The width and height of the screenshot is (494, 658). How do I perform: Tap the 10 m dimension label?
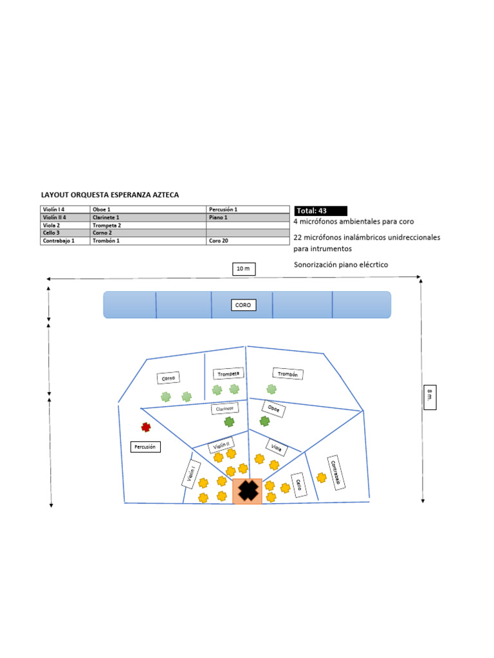point(243,269)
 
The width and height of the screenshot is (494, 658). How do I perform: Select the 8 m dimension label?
point(430,398)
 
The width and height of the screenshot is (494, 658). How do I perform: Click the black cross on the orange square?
point(247,491)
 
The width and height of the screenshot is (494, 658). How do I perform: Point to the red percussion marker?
point(146,427)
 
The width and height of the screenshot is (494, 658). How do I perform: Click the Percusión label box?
point(145,447)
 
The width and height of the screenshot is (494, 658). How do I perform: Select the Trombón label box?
point(288,373)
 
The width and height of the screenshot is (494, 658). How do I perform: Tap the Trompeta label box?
point(228,373)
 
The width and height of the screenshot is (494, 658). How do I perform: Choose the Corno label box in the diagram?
point(169,378)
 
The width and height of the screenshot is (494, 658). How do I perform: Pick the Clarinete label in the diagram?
point(224,408)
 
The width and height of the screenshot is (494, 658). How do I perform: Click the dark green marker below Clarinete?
point(229,422)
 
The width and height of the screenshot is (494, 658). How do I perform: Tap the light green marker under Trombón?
point(271,389)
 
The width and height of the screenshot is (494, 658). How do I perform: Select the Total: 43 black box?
point(320,211)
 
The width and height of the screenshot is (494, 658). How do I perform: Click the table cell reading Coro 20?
point(248,241)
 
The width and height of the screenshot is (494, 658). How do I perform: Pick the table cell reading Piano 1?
point(248,218)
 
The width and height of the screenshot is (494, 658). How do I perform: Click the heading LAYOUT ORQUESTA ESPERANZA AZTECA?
point(110,194)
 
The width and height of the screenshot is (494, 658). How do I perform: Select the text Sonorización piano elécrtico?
point(341,265)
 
